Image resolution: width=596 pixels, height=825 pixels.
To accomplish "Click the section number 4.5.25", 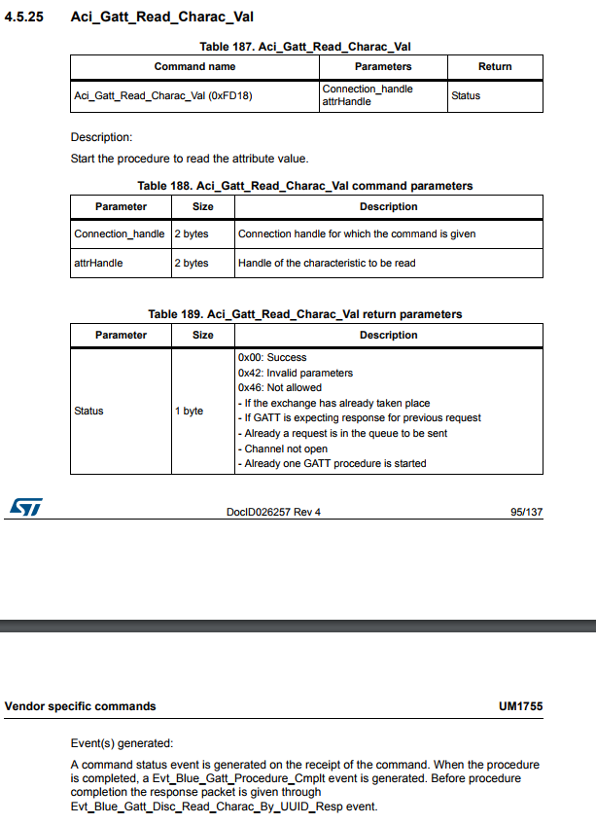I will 24,18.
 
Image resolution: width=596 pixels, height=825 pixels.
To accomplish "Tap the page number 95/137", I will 526,513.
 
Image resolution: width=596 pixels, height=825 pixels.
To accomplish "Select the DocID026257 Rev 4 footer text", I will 272,513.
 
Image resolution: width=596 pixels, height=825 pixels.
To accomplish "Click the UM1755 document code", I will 520,706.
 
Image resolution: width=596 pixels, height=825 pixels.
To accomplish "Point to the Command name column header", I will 194,66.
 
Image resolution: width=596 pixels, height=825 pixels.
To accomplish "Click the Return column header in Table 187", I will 495,66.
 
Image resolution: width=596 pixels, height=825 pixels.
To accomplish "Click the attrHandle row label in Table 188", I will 98,263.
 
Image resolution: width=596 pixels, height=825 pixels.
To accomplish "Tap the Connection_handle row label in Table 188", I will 120,233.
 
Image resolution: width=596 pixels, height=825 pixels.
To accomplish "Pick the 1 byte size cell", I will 189,411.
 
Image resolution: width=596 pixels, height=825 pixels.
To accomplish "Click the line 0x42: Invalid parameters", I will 296,373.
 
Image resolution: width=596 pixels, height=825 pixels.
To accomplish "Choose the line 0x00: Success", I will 272,357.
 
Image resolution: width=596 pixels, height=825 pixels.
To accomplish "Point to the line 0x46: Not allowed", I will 280,387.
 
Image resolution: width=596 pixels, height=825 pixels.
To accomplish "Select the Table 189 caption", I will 305,314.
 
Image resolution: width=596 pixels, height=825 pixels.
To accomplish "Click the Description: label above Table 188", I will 101,137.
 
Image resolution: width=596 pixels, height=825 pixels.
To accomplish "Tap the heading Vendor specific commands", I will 80,706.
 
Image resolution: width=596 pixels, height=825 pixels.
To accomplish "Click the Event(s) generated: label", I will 122,743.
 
